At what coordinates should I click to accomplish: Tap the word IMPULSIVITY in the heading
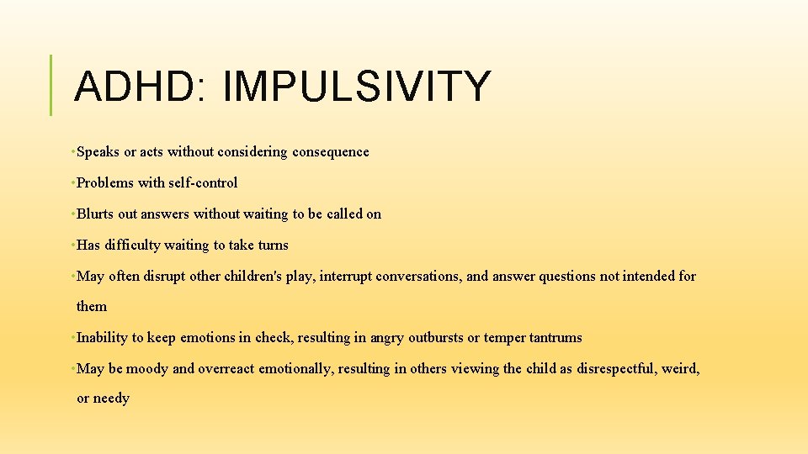pyautogui.click(x=357, y=86)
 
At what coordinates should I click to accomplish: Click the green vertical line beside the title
pyautogui.click(x=51, y=85)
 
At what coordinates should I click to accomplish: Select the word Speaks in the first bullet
pyautogui.click(x=98, y=152)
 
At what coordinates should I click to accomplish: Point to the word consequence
pyautogui.click(x=331, y=152)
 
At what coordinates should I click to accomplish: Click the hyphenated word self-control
pyautogui.click(x=205, y=183)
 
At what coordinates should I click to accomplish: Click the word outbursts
pyautogui.click(x=436, y=338)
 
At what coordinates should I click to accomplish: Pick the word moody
pyautogui.click(x=148, y=369)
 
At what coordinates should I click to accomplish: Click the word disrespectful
pyautogui.click(x=619, y=369)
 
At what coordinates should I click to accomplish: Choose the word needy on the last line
pyautogui.click(x=113, y=399)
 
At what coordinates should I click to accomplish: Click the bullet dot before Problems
pyautogui.click(x=74, y=183)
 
